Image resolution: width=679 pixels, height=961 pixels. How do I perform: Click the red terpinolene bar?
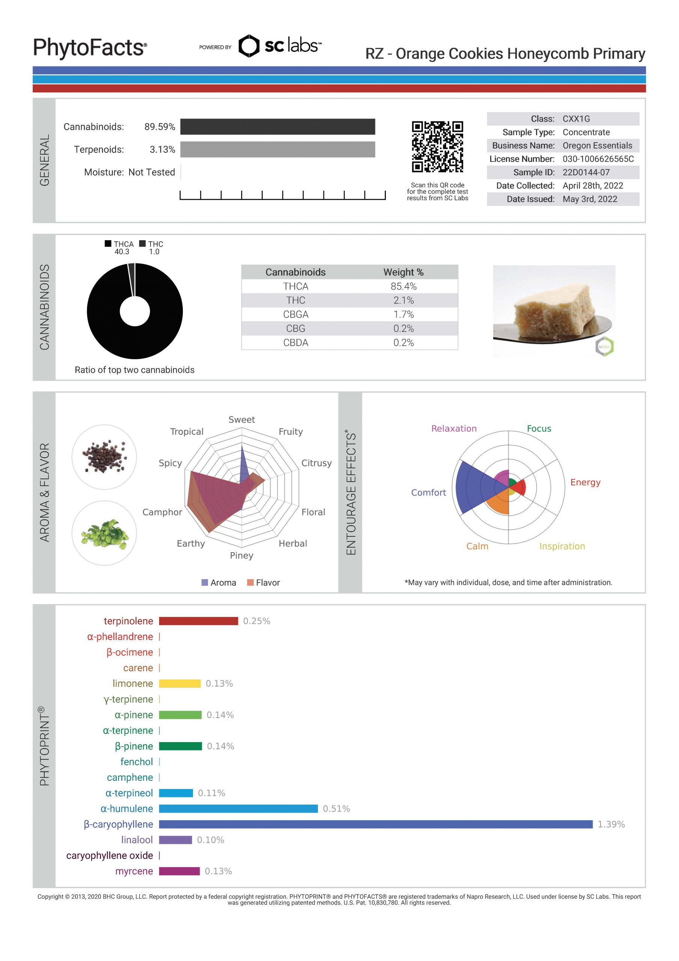(x=199, y=621)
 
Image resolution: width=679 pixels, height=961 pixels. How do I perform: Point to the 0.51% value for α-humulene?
(x=336, y=809)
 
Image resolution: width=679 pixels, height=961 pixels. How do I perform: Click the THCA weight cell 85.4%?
(x=403, y=286)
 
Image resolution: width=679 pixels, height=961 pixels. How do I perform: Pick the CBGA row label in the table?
(x=295, y=314)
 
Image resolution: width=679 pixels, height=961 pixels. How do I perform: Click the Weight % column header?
(x=403, y=272)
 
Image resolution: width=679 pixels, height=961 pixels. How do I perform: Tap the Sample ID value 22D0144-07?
(x=586, y=172)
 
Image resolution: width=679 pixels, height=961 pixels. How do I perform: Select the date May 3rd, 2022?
(x=589, y=199)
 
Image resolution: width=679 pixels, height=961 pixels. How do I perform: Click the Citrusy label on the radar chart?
(x=316, y=463)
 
